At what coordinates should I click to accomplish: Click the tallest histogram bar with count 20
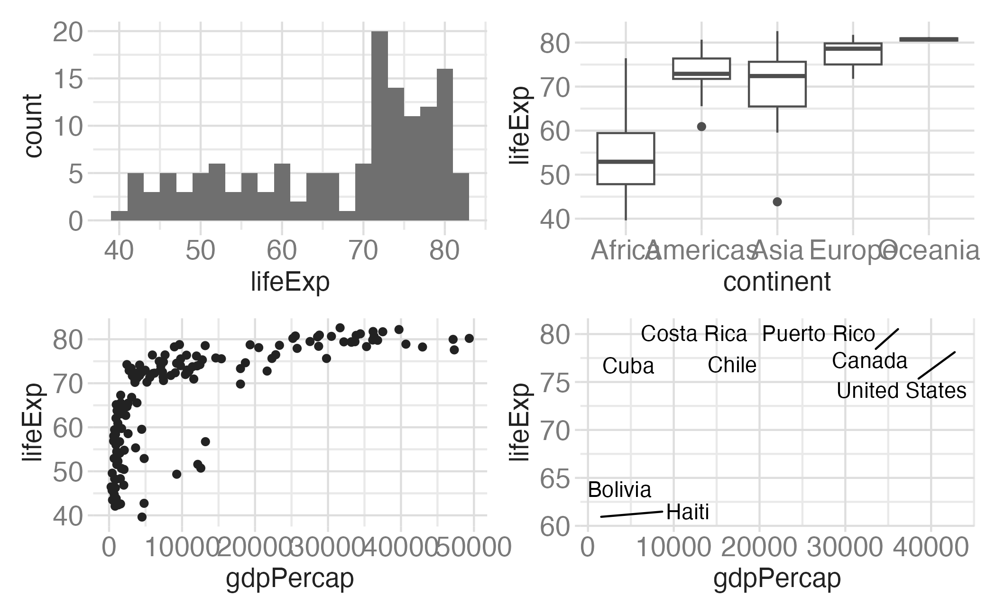tap(379, 126)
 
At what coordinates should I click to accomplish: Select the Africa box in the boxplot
tap(626, 158)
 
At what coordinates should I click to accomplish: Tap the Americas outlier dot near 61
tap(701, 127)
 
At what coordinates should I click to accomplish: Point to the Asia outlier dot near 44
tap(777, 202)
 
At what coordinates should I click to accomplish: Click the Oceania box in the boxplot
tap(929, 39)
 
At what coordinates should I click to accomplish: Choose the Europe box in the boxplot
tap(853, 54)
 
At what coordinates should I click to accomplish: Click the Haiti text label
tap(687, 512)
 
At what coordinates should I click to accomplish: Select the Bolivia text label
tap(619, 490)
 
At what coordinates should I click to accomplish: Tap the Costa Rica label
tap(694, 334)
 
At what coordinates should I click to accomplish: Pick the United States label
tap(901, 391)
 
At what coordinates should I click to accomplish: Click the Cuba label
tap(628, 366)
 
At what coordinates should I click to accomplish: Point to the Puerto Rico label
tap(818, 334)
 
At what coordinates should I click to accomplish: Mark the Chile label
tap(732, 365)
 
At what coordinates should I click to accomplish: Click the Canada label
tap(869, 361)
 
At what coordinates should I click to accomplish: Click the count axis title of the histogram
tap(33, 126)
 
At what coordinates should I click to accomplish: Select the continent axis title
tap(777, 282)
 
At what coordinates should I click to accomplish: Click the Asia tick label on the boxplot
tap(778, 250)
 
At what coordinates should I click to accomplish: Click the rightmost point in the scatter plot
tap(469, 338)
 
